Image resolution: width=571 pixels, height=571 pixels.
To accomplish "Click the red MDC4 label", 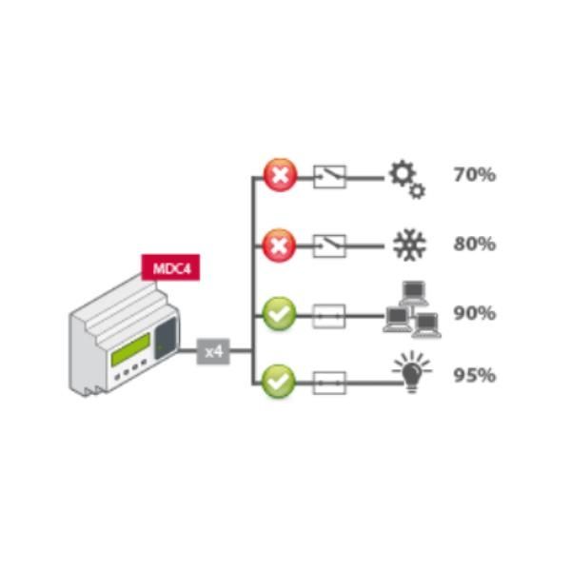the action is (170, 267).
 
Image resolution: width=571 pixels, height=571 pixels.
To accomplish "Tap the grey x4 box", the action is (214, 351).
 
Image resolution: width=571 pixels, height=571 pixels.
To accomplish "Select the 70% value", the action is (474, 175).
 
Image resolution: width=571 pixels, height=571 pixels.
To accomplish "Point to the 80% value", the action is (474, 244).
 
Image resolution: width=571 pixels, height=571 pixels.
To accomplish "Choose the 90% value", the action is (474, 313).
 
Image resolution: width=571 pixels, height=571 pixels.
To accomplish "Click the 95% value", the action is (474, 375).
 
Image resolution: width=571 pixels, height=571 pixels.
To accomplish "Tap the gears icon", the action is (406, 179).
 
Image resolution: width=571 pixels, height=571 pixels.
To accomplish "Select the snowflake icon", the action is (410, 246).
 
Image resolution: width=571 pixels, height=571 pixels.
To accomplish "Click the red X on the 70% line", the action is (280, 176).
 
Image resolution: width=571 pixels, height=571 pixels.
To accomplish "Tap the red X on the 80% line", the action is (280, 246).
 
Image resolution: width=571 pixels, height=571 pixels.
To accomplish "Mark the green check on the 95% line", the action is (280, 382).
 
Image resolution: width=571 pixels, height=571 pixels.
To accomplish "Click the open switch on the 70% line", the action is (329, 176).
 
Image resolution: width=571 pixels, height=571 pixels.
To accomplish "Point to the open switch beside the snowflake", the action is (329, 246).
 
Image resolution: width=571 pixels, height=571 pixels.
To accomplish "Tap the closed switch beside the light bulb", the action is (329, 383).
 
